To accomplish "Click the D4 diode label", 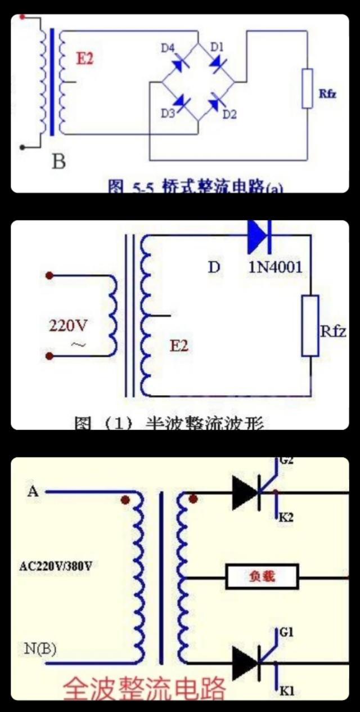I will [168, 48].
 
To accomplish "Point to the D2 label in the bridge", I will [229, 114].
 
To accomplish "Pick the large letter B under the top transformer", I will [58, 162].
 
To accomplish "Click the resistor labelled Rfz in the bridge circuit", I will [307, 88].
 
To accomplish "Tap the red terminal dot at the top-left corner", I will [22, 17].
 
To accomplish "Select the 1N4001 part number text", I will [275, 267].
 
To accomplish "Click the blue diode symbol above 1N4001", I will [260, 230].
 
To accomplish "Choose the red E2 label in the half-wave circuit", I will [179, 346].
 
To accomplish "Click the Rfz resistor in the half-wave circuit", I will [310, 325].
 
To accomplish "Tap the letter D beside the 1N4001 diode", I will [214, 267].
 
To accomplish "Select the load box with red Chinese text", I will [262, 577].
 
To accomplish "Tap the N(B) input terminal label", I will [40, 650].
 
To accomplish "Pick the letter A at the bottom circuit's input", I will [33, 492].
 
